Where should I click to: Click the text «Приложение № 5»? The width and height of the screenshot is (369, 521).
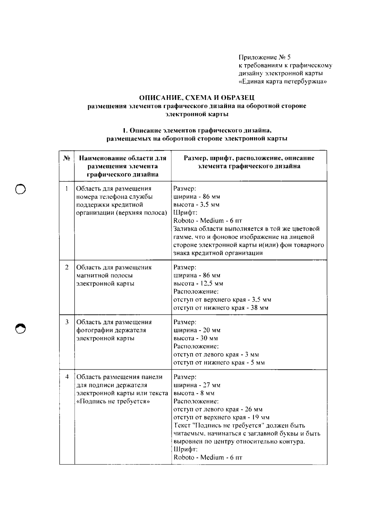265,57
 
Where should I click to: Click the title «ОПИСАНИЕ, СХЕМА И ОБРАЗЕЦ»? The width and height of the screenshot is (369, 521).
197,98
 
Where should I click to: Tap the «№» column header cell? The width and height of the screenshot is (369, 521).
67,158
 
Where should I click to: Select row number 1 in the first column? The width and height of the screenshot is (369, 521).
67,189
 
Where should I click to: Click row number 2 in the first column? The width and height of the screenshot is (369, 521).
67,267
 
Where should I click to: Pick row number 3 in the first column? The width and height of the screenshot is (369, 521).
67,322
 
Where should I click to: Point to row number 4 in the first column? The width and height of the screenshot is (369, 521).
67,377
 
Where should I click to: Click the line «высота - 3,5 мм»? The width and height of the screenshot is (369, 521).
196,205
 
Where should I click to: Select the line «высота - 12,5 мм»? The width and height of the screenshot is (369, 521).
198,284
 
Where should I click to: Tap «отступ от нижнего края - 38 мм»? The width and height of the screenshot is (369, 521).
220,308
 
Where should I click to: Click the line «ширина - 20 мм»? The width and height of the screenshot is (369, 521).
197,330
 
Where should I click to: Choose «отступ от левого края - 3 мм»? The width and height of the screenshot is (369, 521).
216,355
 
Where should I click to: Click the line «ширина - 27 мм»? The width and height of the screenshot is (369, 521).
197,385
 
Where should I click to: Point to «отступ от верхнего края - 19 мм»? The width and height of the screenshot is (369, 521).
221,418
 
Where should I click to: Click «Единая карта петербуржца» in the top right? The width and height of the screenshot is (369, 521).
283,82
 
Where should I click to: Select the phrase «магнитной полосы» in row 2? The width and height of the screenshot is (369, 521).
105,276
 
